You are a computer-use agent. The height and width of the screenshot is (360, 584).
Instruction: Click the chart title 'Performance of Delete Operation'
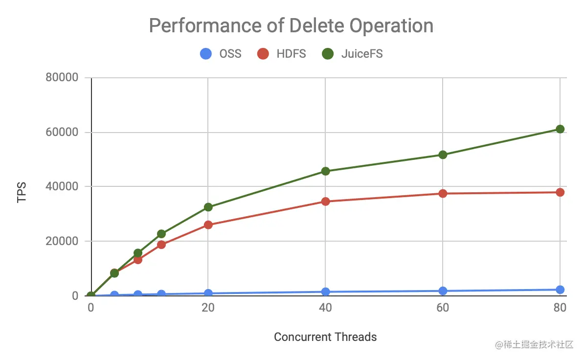tap(291, 25)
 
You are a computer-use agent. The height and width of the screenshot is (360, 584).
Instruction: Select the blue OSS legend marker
tap(206, 54)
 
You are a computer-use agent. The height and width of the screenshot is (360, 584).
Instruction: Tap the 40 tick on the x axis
tap(325, 308)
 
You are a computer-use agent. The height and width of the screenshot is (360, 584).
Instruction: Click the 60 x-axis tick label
tap(443, 308)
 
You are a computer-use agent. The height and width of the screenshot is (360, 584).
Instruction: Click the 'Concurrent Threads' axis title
tap(325, 337)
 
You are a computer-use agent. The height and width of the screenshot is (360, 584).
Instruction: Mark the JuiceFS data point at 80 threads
tap(560, 129)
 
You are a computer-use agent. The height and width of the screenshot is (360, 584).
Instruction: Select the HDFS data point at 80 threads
tap(560, 192)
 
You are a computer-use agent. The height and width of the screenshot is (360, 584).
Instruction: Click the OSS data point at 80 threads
tap(560, 290)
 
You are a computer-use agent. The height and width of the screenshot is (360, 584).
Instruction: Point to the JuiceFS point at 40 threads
tap(325, 171)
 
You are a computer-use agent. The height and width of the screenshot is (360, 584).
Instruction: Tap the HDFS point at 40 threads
tap(325, 201)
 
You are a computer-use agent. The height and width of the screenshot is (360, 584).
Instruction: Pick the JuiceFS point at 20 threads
tap(208, 207)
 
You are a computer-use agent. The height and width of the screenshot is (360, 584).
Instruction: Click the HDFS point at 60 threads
tap(443, 193)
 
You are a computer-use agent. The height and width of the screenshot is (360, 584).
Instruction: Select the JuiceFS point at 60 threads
tap(443, 155)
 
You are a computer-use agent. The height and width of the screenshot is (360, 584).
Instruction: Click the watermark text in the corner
tap(533, 345)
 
